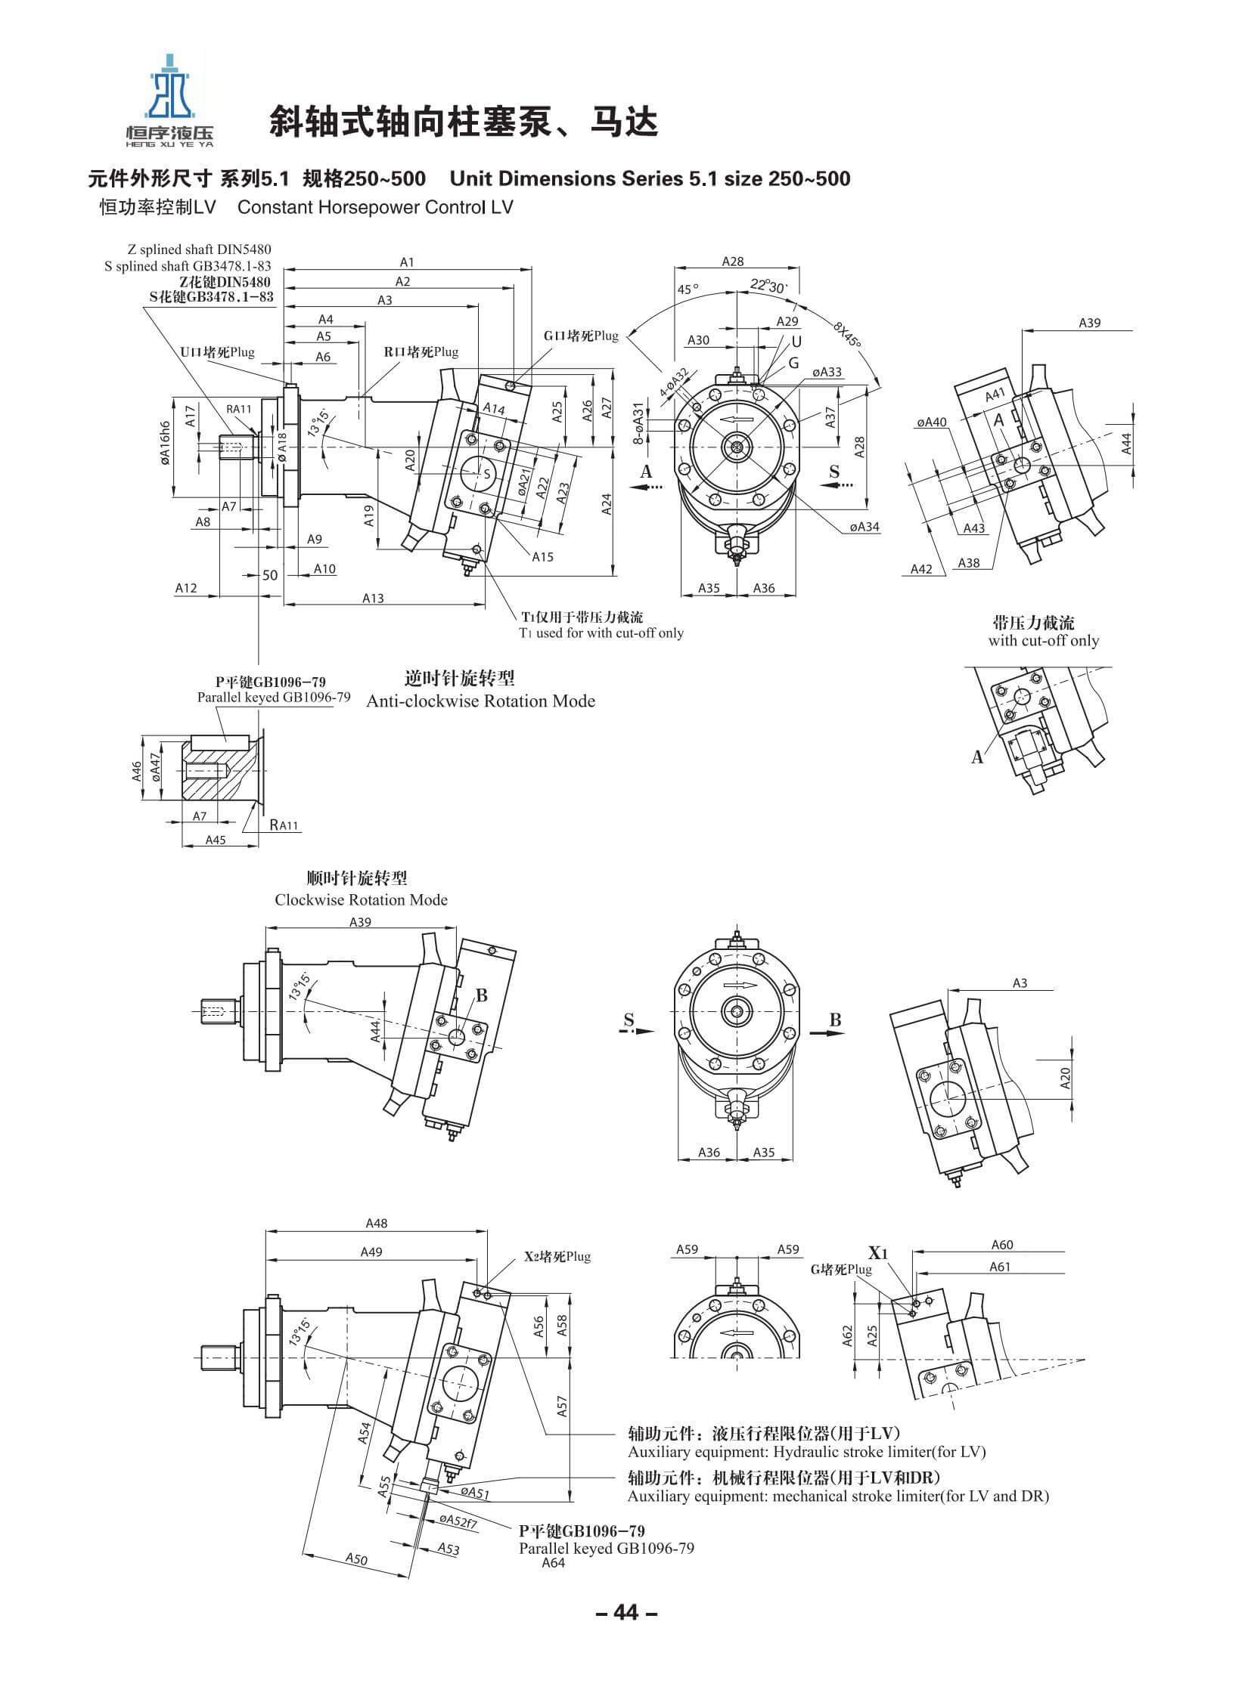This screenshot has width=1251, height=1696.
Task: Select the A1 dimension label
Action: click(408, 262)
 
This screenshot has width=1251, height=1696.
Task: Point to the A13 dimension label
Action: click(373, 598)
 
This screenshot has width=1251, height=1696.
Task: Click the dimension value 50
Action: click(270, 574)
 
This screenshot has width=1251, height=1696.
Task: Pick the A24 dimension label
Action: click(607, 503)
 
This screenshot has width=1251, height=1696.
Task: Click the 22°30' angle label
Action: click(768, 286)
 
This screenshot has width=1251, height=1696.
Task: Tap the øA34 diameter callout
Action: click(864, 527)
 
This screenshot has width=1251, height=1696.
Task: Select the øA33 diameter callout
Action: click(827, 372)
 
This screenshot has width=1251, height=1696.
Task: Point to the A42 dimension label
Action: click(920, 568)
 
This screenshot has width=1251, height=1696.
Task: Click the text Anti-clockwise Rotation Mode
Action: click(481, 701)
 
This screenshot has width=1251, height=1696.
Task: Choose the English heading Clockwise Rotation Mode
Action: click(362, 900)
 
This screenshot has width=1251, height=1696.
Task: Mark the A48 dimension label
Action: click(377, 1223)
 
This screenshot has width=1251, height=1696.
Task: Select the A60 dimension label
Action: click(1002, 1244)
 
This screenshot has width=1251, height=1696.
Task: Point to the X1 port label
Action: click(878, 1252)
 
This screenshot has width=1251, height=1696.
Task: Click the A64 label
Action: click(554, 1562)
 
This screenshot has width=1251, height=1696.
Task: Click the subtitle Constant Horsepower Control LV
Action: click(375, 207)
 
